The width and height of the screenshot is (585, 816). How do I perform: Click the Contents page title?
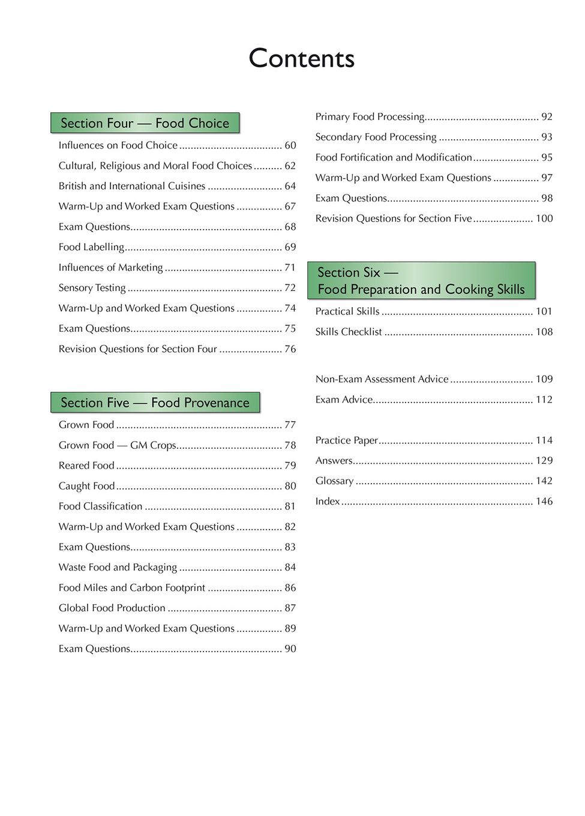click(x=301, y=58)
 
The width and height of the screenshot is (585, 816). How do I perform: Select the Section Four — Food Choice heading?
click(x=145, y=123)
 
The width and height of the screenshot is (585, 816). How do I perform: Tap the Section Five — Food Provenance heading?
click(x=155, y=403)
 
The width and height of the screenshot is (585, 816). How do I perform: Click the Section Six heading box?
click(x=421, y=281)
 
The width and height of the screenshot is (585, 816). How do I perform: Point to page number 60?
click(x=290, y=145)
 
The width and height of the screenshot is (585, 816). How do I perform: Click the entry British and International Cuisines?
click(x=132, y=186)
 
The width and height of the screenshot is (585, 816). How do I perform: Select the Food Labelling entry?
click(x=91, y=247)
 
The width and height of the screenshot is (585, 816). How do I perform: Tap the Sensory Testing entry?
click(x=92, y=288)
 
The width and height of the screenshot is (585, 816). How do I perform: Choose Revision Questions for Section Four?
click(x=137, y=349)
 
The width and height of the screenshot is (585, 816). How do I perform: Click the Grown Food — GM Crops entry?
click(x=117, y=445)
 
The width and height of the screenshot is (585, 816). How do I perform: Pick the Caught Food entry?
click(x=86, y=486)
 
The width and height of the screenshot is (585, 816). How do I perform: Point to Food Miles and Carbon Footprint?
click(x=132, y=588)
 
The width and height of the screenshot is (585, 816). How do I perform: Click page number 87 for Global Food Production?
click(x=290, y=608)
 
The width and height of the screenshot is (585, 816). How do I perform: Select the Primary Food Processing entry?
click(x=370, y=117)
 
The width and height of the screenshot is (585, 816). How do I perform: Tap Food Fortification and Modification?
click(x=394, y=158)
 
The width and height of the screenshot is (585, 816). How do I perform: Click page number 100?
click(x=544, y=219)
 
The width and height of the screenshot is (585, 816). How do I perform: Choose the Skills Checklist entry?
click(x=349, y=332)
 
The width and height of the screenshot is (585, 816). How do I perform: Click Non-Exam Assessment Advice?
click(x=382, y=379)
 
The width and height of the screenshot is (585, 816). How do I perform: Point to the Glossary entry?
click(x=334, y=481)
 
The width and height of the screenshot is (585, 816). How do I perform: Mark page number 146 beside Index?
click(x=544, y=502)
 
